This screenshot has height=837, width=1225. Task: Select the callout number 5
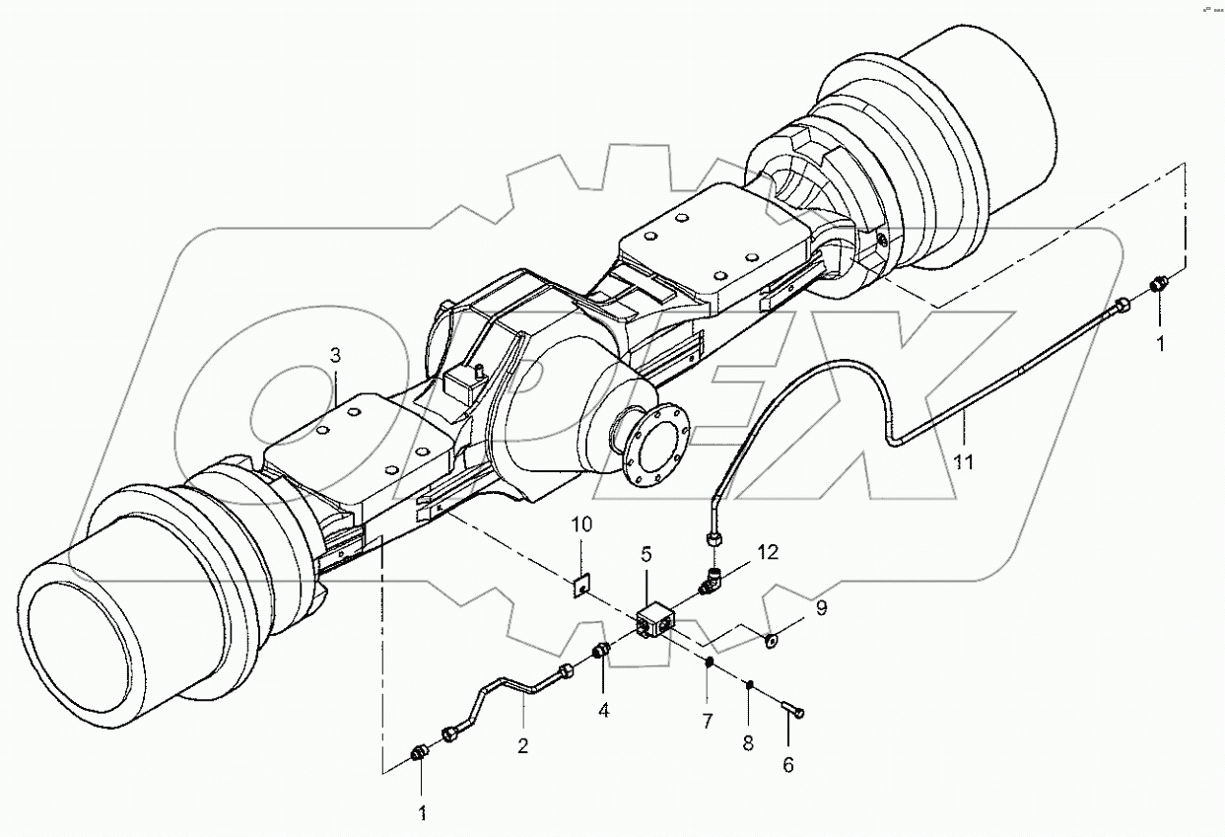pos(647,554)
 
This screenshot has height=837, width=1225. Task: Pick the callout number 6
pos(788,763)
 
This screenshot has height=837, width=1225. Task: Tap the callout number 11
pos(963,458)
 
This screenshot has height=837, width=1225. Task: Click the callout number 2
pos(522,746)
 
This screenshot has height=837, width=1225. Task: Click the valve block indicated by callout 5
pos(654,625)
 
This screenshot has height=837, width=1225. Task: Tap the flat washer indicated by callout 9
pos(772,642)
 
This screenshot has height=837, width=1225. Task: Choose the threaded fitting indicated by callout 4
pos(602,652)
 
